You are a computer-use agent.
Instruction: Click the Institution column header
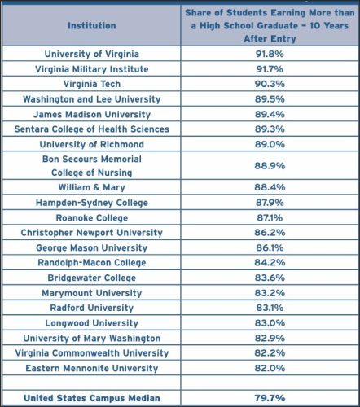tap(92, 26)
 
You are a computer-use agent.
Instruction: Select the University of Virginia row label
tap(92, 54)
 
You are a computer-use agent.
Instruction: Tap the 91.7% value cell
tap(270, 69)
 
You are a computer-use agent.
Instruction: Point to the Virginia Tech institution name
tap(92, 84)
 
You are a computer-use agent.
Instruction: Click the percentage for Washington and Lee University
tap(270, 99)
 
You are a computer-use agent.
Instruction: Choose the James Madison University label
tap(92, 115)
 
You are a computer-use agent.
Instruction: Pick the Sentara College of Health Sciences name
tap(92, 129)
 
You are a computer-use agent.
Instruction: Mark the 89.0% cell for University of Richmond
tap(270, 144)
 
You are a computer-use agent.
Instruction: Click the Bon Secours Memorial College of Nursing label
tap(92, 166)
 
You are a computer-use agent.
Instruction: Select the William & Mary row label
tap(92, 187)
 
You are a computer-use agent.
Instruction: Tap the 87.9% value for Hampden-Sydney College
tap(270, 203)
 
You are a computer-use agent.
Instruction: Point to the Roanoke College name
tap(92, 218)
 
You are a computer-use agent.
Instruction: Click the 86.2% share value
tap(270, 233)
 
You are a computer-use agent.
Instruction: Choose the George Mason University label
tap(92, 247)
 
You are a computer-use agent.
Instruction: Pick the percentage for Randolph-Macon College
tap(270, 262)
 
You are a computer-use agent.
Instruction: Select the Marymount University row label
tap(92, 293)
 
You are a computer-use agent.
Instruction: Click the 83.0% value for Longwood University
tap(270, 323)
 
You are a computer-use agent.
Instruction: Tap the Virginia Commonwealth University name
tap(92, 353)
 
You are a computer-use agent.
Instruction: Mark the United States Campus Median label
tap(92, 398)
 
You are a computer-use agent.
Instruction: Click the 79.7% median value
tap(270, 398)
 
